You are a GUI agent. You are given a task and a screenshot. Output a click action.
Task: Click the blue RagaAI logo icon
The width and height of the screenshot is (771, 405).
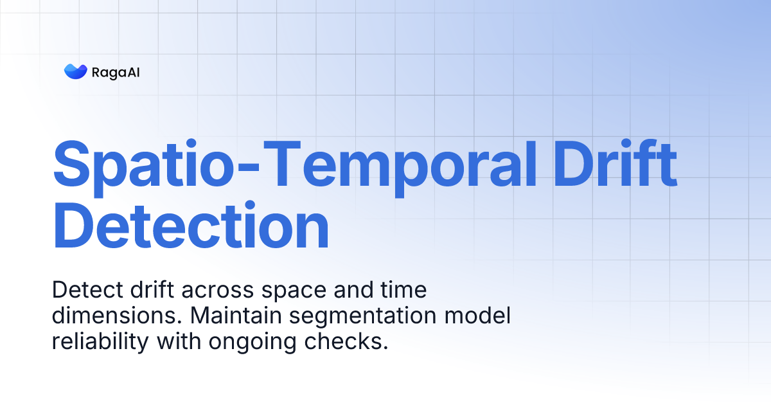tap(75, 71)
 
